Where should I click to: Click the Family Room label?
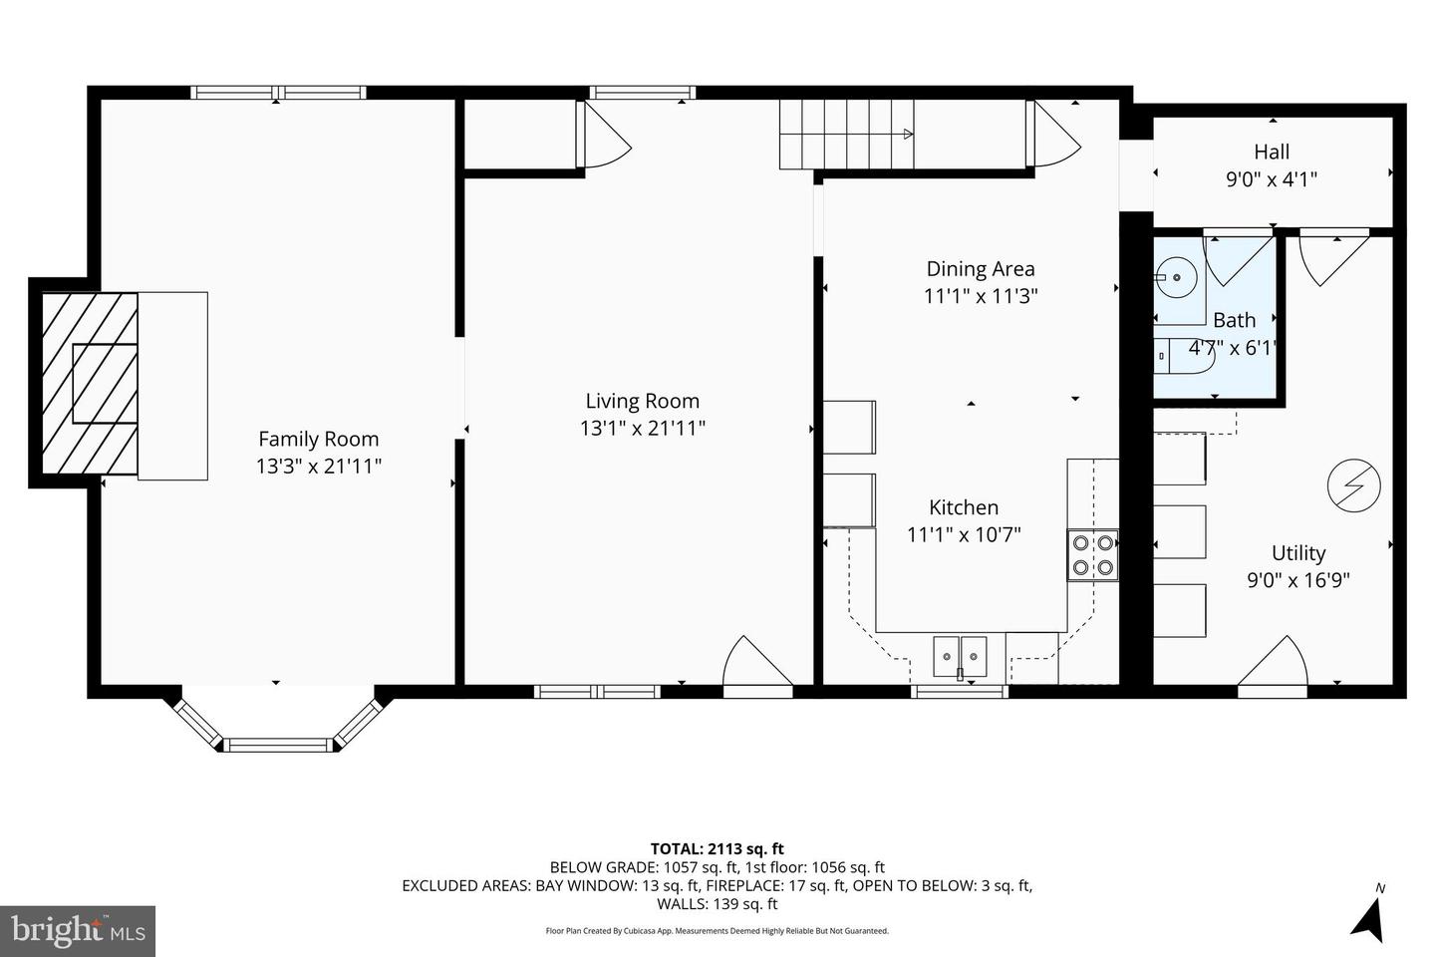[318, 439]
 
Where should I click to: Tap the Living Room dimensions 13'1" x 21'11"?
[643, 429]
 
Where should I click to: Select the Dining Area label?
[981, 268]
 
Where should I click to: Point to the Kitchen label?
[964, 507]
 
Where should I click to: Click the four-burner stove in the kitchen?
[1092, 556]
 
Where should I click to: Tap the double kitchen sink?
[960, 657]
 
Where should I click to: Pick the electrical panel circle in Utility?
[1354, 485]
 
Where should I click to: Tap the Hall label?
[1272, 153]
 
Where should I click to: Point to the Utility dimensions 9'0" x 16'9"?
[1298, 580]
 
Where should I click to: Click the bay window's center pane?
[277, 744]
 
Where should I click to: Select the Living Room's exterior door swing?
[755, 663]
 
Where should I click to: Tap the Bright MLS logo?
[78, 931]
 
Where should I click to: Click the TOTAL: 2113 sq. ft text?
[717, 849]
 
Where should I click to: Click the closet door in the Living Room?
[602, 136]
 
